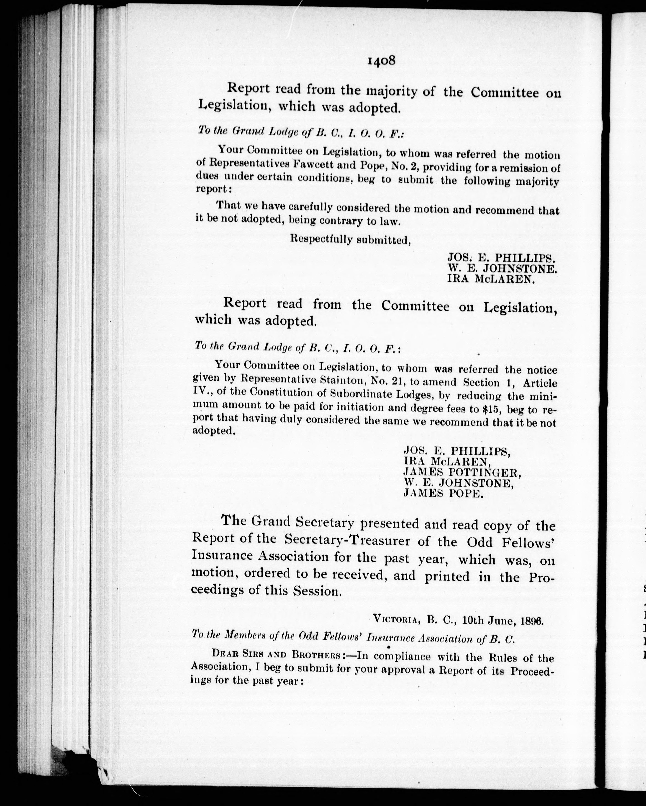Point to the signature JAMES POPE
click(443, 494)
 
